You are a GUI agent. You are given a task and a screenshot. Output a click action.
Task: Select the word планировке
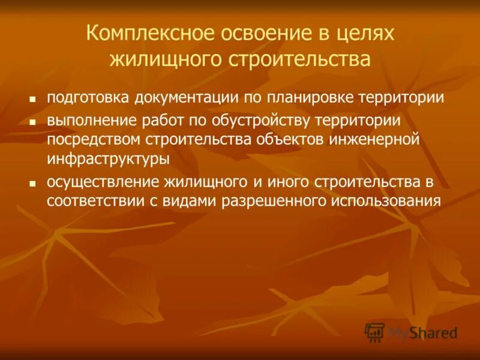308,98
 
